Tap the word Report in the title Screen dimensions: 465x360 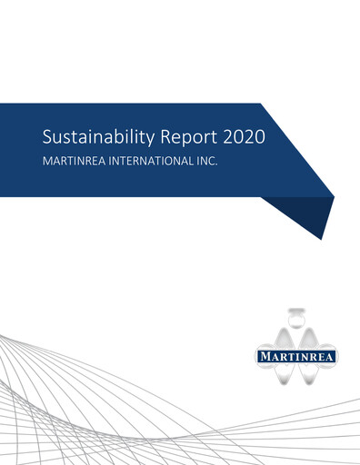[x=190, y=137]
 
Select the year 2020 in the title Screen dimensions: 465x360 [x=246, y=137]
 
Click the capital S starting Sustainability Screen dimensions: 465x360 [x=47, y=137]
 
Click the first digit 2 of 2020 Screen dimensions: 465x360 [x=228, y=137]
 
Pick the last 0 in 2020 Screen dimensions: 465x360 [x=265, y=137]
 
